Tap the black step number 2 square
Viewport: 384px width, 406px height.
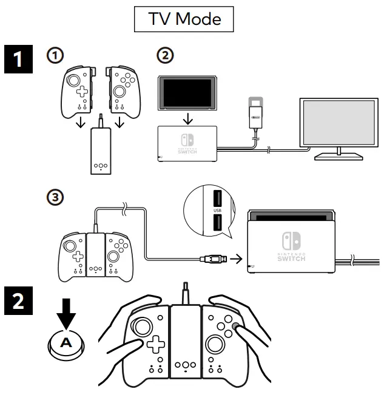[17, 300]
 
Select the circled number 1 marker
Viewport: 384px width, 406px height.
[55, 55]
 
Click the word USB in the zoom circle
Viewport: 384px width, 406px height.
[218, 210]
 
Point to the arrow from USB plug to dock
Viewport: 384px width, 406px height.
[237, 260]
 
